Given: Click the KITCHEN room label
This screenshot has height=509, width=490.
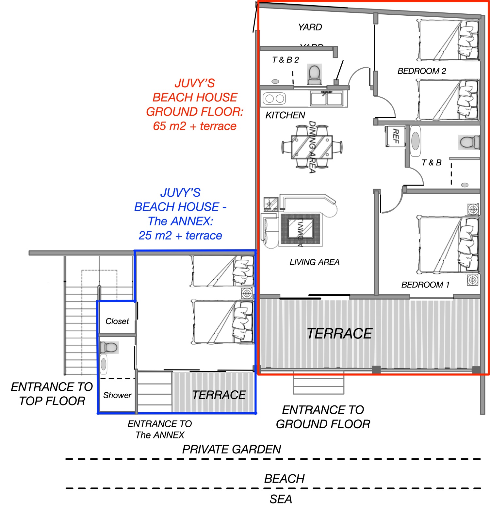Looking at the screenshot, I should click(285, 115).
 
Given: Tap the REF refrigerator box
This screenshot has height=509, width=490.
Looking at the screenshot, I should click(395, 136).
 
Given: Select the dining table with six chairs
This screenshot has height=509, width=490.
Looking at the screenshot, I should click(312, 147).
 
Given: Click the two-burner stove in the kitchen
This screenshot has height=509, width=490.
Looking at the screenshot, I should click(274, 98).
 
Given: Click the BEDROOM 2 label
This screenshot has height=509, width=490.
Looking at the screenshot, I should click(421, 71).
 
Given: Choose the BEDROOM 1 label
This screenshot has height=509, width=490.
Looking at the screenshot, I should click(425, 285).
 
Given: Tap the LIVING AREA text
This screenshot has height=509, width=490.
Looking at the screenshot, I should click(314, 262).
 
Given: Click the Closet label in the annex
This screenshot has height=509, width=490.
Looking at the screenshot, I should click(117, 321).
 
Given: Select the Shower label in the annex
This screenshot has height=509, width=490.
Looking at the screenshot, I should click(117, 395).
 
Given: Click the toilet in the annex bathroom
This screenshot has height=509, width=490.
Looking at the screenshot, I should click(109, 347).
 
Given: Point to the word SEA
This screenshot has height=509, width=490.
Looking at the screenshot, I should click(281, 499).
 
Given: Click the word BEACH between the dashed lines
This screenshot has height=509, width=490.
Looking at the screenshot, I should click(284, 479).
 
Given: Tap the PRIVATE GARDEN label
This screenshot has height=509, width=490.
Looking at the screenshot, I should click(231, 449).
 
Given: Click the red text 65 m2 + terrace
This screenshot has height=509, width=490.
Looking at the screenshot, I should click(194, 126).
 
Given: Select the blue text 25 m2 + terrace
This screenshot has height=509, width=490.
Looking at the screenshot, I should click(180, 236).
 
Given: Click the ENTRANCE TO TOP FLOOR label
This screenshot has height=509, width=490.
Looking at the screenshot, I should click(52, 394).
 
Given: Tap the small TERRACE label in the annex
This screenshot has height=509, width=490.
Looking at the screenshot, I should click(219, 395).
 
